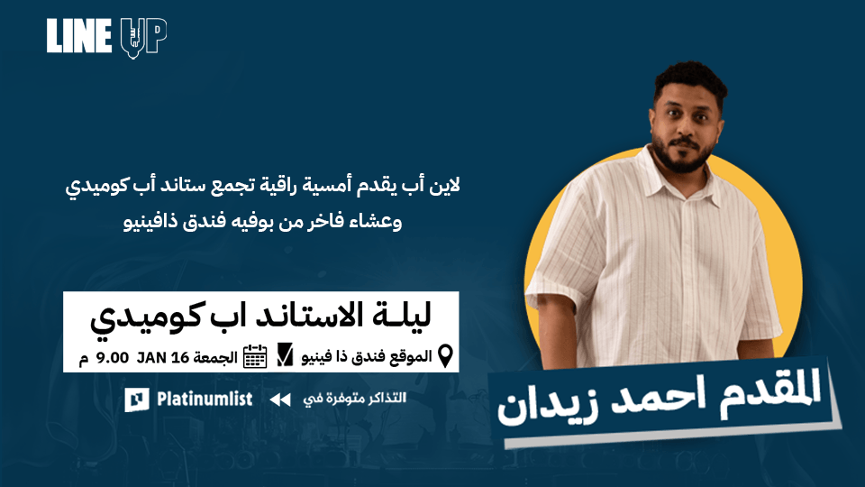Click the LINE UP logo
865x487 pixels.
pyautogui.click(x=106, y=37)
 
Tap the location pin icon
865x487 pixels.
pyautogui.click(x=444, y=355)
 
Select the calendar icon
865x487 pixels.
pyautogui.click(x=256, y=356)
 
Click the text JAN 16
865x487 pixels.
pyautogui.click(x=163, y=356)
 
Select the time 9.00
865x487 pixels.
pyautogui.click(x=112, y=356)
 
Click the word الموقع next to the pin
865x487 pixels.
pyautogui.click(x=408, y=356)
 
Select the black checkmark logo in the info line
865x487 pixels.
pyautogui.click(x=285, y=355)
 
